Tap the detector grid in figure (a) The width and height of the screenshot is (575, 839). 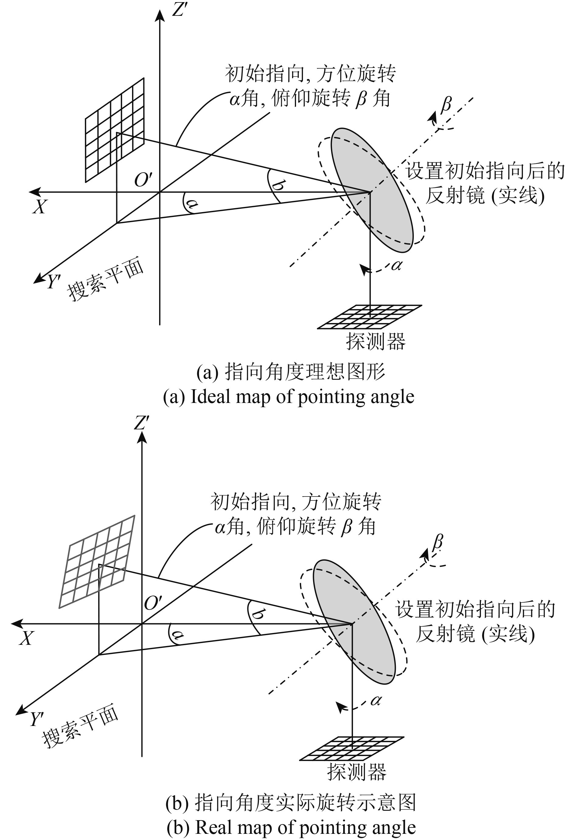tap(369, 317)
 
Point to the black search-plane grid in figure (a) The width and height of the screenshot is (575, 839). tap(115, 130)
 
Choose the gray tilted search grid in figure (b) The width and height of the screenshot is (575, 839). tap(97, 561)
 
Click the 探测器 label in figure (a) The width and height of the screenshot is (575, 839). tap(376, 341)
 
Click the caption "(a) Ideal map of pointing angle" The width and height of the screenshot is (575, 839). tap(288, 397)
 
